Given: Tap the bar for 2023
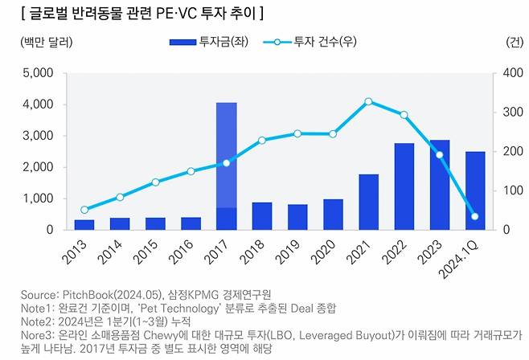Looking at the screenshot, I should (439, 185).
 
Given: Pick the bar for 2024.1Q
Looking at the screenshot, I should (474, 190).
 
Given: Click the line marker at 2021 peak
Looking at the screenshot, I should (368, 101).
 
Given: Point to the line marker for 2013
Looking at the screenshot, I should (84, 210).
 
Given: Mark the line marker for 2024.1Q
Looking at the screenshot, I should (474, 216).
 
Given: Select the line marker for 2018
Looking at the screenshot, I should (262, 140).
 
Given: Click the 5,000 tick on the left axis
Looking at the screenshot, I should (37, 73).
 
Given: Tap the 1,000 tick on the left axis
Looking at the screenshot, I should (37, 198).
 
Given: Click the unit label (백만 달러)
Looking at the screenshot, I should (40, 41).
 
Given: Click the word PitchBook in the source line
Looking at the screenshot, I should (94, 294).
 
